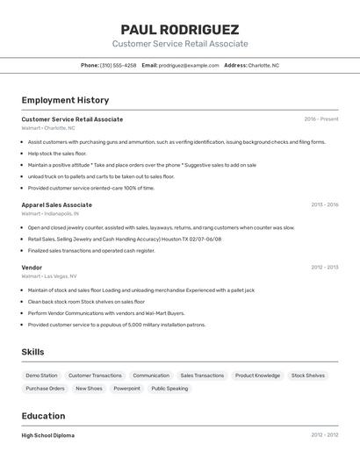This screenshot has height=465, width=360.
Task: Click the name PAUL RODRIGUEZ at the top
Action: [x=180, y=29]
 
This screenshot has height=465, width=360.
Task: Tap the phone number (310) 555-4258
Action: [x=118, y=65]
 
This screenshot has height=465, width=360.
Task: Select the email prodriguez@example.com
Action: [x=189, y=65]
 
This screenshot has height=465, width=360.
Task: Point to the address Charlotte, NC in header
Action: [x=263, y=65]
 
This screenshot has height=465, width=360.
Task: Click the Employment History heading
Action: [x=65, y=100]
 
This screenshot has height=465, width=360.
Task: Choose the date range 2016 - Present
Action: [x=320, y=119]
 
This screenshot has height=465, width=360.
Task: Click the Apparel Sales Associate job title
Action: [x=56, y=205]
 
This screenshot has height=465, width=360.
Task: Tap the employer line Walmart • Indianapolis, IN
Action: [x=50, y=213]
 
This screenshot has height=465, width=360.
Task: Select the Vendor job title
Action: [x=32, y=267]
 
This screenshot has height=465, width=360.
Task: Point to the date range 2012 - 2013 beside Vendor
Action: [x=324, y=267]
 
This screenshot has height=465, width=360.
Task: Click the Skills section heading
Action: [x=33, y=352]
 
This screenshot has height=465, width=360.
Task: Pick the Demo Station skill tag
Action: [x=41, y=376]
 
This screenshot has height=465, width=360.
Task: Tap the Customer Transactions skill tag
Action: [x=95, y=376]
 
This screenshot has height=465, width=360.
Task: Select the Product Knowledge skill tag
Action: [x=257, y=376]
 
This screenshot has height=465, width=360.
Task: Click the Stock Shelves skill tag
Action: [x=308, y=376]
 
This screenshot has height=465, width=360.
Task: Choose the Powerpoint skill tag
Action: [x=126, y=388]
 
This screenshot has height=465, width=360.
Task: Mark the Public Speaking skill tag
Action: [x=169, y=388]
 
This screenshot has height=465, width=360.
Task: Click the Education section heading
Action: [x=43, y=416]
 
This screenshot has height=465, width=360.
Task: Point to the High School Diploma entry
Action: [x=48, y=435]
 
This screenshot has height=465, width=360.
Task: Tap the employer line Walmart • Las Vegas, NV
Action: [x=48, y=275]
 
